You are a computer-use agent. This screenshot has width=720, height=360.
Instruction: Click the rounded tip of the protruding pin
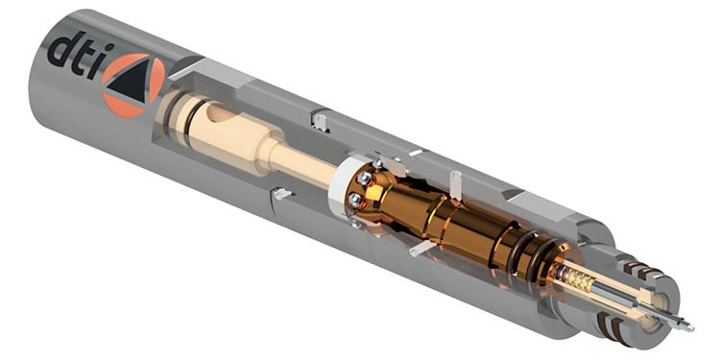(689, 327)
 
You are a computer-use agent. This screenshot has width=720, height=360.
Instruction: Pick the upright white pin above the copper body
(455, 184)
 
